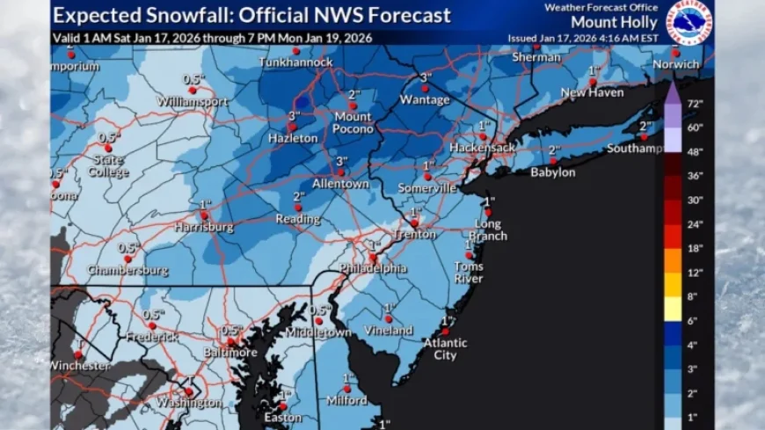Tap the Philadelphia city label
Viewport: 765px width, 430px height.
376,268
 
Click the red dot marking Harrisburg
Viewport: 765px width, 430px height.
203,214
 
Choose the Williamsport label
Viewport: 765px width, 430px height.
193,101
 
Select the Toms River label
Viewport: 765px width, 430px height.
468,273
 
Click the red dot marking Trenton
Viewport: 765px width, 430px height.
413,222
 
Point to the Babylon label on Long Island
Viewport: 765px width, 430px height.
552,172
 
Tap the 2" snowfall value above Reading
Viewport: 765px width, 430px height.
299,196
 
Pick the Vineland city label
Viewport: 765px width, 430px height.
389,331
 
